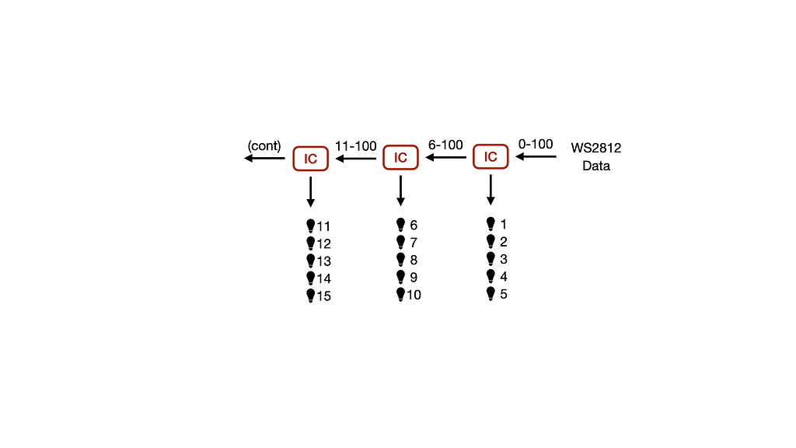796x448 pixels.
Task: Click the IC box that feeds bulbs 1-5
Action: tap(491, 156)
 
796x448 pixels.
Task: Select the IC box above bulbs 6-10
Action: tap(400, 157)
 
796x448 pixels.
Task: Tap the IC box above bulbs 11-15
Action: tap(311, 159)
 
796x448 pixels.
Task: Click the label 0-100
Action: tap(536, 144)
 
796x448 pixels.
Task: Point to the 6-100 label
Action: tap(445, 145)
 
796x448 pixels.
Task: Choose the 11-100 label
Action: tap(356, 146)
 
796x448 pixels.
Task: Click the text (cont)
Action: tap(264, 146)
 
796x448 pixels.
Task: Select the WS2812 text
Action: tap(596, 148)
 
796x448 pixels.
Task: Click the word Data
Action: tap(596, 166)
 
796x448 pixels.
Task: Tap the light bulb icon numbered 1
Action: tap(491, 224)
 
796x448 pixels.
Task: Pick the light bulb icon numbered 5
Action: tap(491, 293)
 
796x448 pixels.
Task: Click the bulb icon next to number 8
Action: tap(400, 260)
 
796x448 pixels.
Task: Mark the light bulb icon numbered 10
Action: tap(400, 295)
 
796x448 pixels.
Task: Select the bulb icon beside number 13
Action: tap(311, 261)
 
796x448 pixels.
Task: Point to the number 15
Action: tap(324, 296)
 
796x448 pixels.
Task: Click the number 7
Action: tap(414, 243)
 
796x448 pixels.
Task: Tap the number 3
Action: tap(504, 259)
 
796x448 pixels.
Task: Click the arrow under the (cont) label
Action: tap(264, 159)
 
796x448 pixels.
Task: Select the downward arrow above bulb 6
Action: tap(400, 191)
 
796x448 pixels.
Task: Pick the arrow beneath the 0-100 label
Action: tap(536, 156)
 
